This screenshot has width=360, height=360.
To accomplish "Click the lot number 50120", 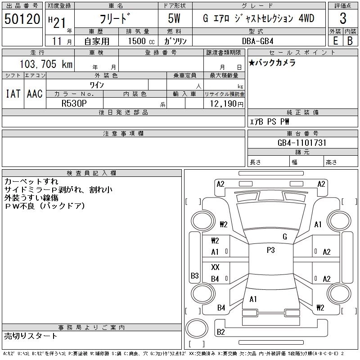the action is point(22,19).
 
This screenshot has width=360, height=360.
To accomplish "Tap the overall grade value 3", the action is point(343,18).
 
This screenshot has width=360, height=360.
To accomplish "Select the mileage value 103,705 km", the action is point(46,64).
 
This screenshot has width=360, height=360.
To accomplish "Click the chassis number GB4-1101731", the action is point(302,143).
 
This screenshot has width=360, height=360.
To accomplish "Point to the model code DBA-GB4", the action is point(257,41).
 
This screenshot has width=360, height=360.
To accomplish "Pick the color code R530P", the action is point(74,103).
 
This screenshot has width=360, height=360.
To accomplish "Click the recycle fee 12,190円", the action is point(227,104).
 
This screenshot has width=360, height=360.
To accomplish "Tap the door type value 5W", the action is point(174,18).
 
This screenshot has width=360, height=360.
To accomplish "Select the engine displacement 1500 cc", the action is point(141,41).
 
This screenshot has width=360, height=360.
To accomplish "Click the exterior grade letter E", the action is point(335,41).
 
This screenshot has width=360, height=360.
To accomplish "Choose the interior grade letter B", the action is point(350,41).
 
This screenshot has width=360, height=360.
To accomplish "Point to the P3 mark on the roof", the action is point(271,250).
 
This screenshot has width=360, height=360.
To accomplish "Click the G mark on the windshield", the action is point(285,237).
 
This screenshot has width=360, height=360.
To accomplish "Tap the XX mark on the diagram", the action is point(215,267).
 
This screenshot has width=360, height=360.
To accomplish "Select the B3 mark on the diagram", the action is point(195,275).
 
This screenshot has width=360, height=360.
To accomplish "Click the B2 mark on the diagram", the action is point(221,332).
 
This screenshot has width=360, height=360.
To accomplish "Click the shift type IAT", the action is point(13,94).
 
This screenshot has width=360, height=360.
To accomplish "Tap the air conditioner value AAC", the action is point(35,94).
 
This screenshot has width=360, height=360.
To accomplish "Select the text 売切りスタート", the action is point(30,336).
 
